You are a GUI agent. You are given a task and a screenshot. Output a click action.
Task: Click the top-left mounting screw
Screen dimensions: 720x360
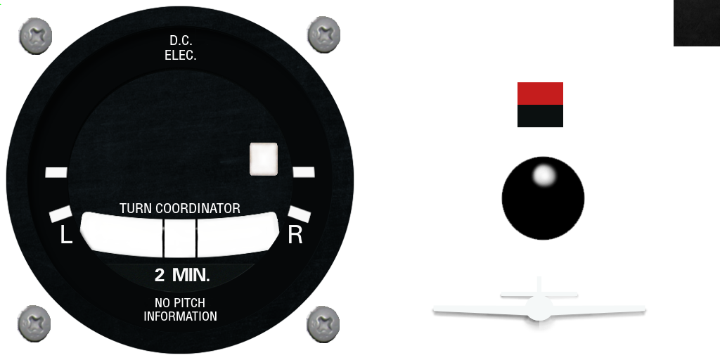point(35,36)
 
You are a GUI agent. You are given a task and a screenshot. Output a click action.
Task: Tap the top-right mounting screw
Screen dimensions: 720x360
point(323,34)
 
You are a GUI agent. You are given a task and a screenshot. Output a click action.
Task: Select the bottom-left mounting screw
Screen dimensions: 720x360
point(34,323)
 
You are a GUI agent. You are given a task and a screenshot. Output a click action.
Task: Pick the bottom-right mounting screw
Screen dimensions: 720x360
point(323,324)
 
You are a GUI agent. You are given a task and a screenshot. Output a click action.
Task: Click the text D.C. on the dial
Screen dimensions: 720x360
point(181,40)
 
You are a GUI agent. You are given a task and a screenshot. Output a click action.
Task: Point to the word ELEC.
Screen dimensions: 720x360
point(181,55)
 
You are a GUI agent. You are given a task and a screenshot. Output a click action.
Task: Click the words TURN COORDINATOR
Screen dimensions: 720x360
point(180,208)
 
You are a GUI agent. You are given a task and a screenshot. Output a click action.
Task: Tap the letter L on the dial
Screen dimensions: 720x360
point(66,236)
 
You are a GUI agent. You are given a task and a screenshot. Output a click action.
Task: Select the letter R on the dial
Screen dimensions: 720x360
point(295,235)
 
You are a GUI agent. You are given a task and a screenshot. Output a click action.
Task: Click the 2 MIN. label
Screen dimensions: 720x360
point(182,275)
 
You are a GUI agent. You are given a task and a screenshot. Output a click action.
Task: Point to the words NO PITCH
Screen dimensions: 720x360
point(180,303)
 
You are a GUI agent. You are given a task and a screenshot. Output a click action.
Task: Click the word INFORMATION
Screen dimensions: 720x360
point(181,316)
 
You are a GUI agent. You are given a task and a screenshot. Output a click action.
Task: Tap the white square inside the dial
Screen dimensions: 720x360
point(264,159)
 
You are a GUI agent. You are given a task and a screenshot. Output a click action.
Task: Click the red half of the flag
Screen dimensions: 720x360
point(540,94)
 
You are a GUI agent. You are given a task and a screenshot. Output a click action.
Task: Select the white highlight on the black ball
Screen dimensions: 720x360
point(544,175)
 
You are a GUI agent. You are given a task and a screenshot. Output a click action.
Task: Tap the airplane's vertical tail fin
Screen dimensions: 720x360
point(539,285)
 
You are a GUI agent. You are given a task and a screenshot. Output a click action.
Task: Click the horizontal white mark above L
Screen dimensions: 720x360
point(56,173)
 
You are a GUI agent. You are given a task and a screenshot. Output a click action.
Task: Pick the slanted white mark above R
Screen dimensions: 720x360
point(300,214)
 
